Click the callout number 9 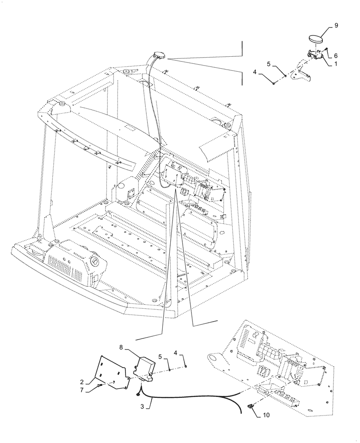[x=336, y=26]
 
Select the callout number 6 [x=335, y=56]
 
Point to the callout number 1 [x=336, y=63]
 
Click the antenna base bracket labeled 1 [x=316, y=55]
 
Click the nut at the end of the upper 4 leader [x=274, y=83]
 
